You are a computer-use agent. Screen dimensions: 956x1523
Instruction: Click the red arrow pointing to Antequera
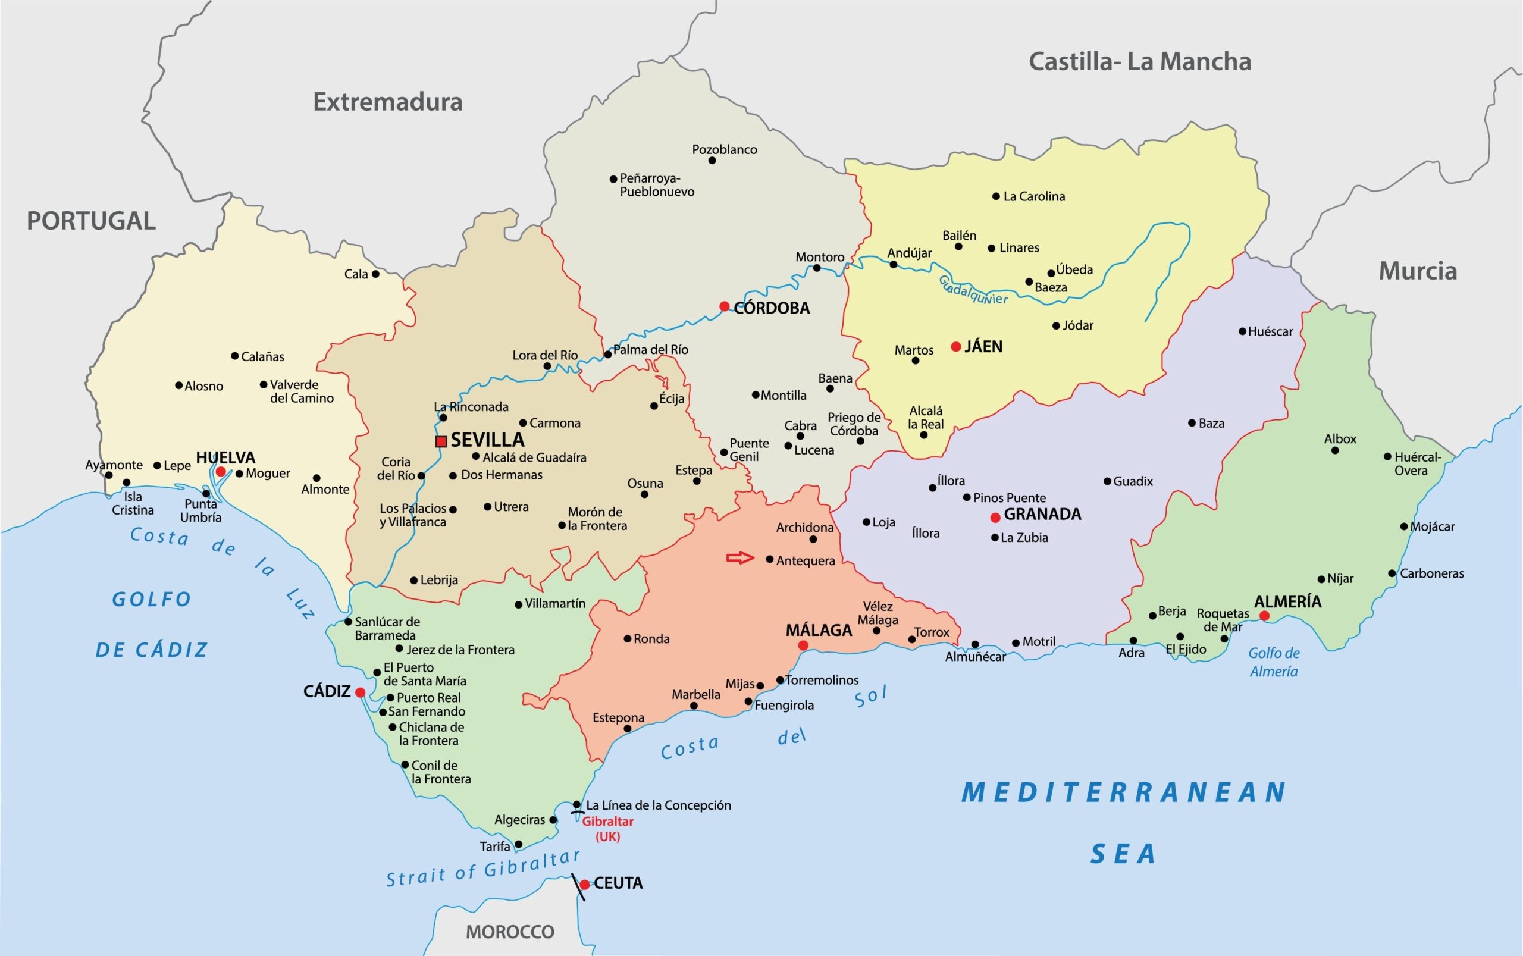[x=740, y=557]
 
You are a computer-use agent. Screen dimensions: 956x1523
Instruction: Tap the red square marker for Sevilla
[x=441, y=441]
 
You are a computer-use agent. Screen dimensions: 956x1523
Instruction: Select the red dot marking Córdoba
[x=725, y=306]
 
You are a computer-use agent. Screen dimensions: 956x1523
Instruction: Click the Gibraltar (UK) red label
[x=607, y=829]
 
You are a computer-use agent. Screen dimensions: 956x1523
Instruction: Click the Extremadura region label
[x=387, y=102]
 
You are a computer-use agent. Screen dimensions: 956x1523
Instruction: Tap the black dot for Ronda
[x=627, y=638]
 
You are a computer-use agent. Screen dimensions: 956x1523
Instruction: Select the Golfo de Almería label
[x=1274, y=662]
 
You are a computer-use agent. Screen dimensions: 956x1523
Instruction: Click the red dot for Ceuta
[x=585, y=884]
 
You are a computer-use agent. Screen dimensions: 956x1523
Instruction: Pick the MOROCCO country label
[x=510, y=932]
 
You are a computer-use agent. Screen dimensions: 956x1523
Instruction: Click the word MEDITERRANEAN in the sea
[x=1123, y=792]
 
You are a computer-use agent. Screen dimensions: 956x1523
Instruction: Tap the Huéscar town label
[x=1270, y=331]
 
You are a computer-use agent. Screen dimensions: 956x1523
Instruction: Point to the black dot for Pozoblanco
[x=712, y=161]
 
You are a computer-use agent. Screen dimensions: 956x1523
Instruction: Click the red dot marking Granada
[x=995, y=517]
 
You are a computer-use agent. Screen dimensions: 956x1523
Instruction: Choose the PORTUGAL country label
[x=91, y=221]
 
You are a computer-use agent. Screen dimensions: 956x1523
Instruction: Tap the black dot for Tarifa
[x=518, y=844]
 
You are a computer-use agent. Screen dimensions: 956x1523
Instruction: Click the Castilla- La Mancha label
[x=1139, y=61]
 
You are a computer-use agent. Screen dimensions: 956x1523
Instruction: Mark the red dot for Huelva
[x=221, y=472]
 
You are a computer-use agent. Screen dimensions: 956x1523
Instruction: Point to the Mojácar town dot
[x=1404, y=526]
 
